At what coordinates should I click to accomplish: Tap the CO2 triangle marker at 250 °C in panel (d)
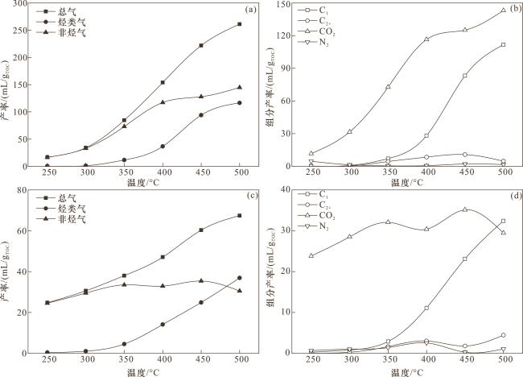[x=311, y=255]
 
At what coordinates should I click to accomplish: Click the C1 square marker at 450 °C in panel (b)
[x=465, y=76]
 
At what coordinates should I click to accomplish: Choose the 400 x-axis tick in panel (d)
[x=426, y=360]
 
